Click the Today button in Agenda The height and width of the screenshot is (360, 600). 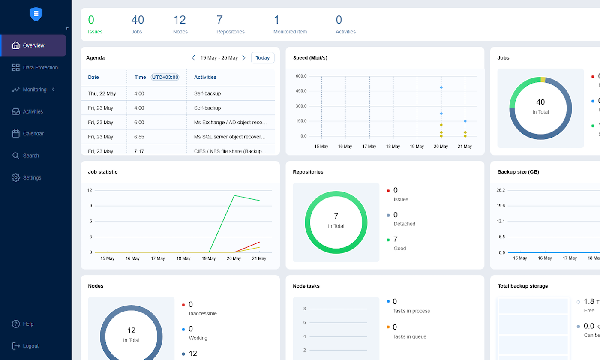[x=262, y=58]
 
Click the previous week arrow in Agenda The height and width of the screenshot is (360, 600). [x=193, y=58]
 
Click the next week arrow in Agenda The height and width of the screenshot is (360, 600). [x=244, y=58]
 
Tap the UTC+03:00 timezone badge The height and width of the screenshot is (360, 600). [x=165, y=78]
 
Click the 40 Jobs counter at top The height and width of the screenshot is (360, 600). [x=137, y=24]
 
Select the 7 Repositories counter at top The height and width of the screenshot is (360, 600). [x=230, y=24]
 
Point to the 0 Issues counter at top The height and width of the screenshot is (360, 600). [x=95, y=24]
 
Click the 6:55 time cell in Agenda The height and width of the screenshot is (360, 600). [x=139, y=137]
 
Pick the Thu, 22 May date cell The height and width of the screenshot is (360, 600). [x=102, y=93]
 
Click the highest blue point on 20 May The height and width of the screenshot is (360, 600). [x=441, y=87]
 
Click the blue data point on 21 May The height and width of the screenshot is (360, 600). [x=465, y=121]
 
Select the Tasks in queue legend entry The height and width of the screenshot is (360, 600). [x=409, y=332]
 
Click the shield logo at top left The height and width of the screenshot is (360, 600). [x=36, y=14]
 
